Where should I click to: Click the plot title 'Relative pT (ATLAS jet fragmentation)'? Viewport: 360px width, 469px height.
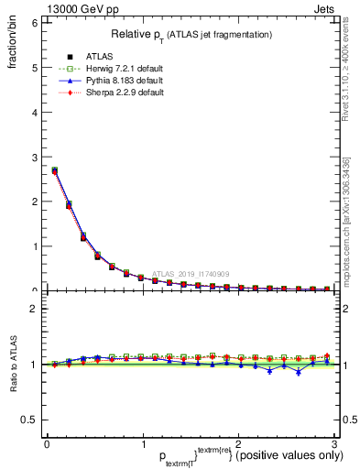click(191, 34)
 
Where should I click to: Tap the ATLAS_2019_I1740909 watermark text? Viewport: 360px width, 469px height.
click(193, 273)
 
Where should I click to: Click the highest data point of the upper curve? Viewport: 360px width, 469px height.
click(55, 170)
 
